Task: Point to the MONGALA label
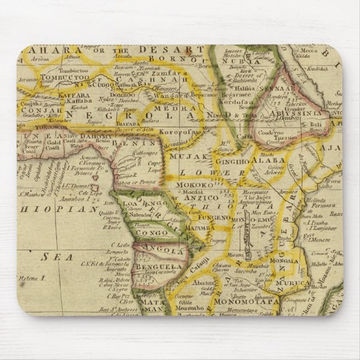coord(283,260)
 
